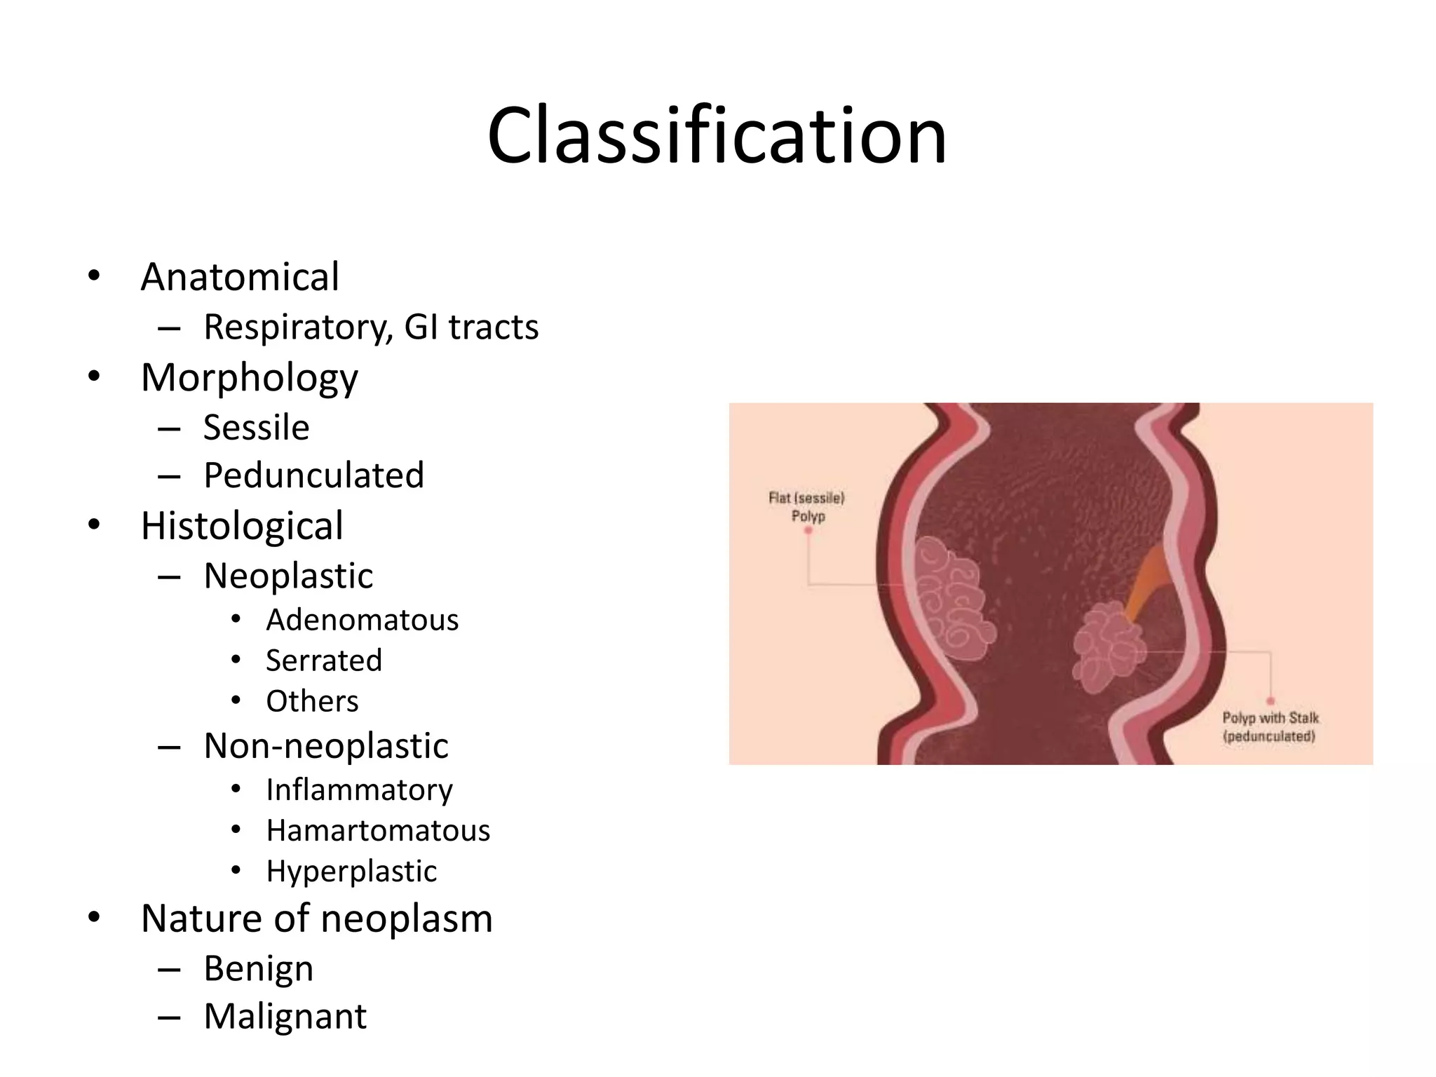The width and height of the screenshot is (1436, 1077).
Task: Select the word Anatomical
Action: pyautogui.click(x=240, y=276)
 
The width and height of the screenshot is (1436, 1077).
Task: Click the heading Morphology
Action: pyautogui.click(x=249, y=377)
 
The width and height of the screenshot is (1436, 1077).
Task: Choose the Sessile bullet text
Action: pyautogui.click(x=256, y=428)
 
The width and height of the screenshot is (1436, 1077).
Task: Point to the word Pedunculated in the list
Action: pyautogui.click(x=313, y=475)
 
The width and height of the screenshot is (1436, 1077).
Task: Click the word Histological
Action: pyautogui.click(x=242, y=526)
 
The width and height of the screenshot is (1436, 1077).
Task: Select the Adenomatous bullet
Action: pyautogui.click(x=362, y=620)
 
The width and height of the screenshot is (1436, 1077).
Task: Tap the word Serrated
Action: pyautogui.click(x=323, y=661)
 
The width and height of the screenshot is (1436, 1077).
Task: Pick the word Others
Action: pyautogui.click(x=312, y=701)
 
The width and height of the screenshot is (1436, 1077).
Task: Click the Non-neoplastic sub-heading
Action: pyautogui.click(x=325, y=745)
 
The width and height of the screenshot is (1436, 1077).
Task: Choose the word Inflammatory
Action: pyautogui.click(x=359, y=790)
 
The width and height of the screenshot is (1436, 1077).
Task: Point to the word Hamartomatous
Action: pyautogui.click(x=378, y=831)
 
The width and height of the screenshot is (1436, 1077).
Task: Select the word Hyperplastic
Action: pyautogui.click(x=351, y=872)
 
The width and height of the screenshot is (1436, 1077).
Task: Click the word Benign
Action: pyautogui.click(x=258, y=969)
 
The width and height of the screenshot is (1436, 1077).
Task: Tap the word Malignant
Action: pyautogui.click(x=285, y=1017)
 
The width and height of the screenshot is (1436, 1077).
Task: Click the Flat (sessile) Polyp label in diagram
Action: pyautogui.click(x=807, y=507)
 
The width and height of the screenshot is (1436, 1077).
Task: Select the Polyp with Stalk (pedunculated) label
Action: pyautogui.click(x=1270, y=727)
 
